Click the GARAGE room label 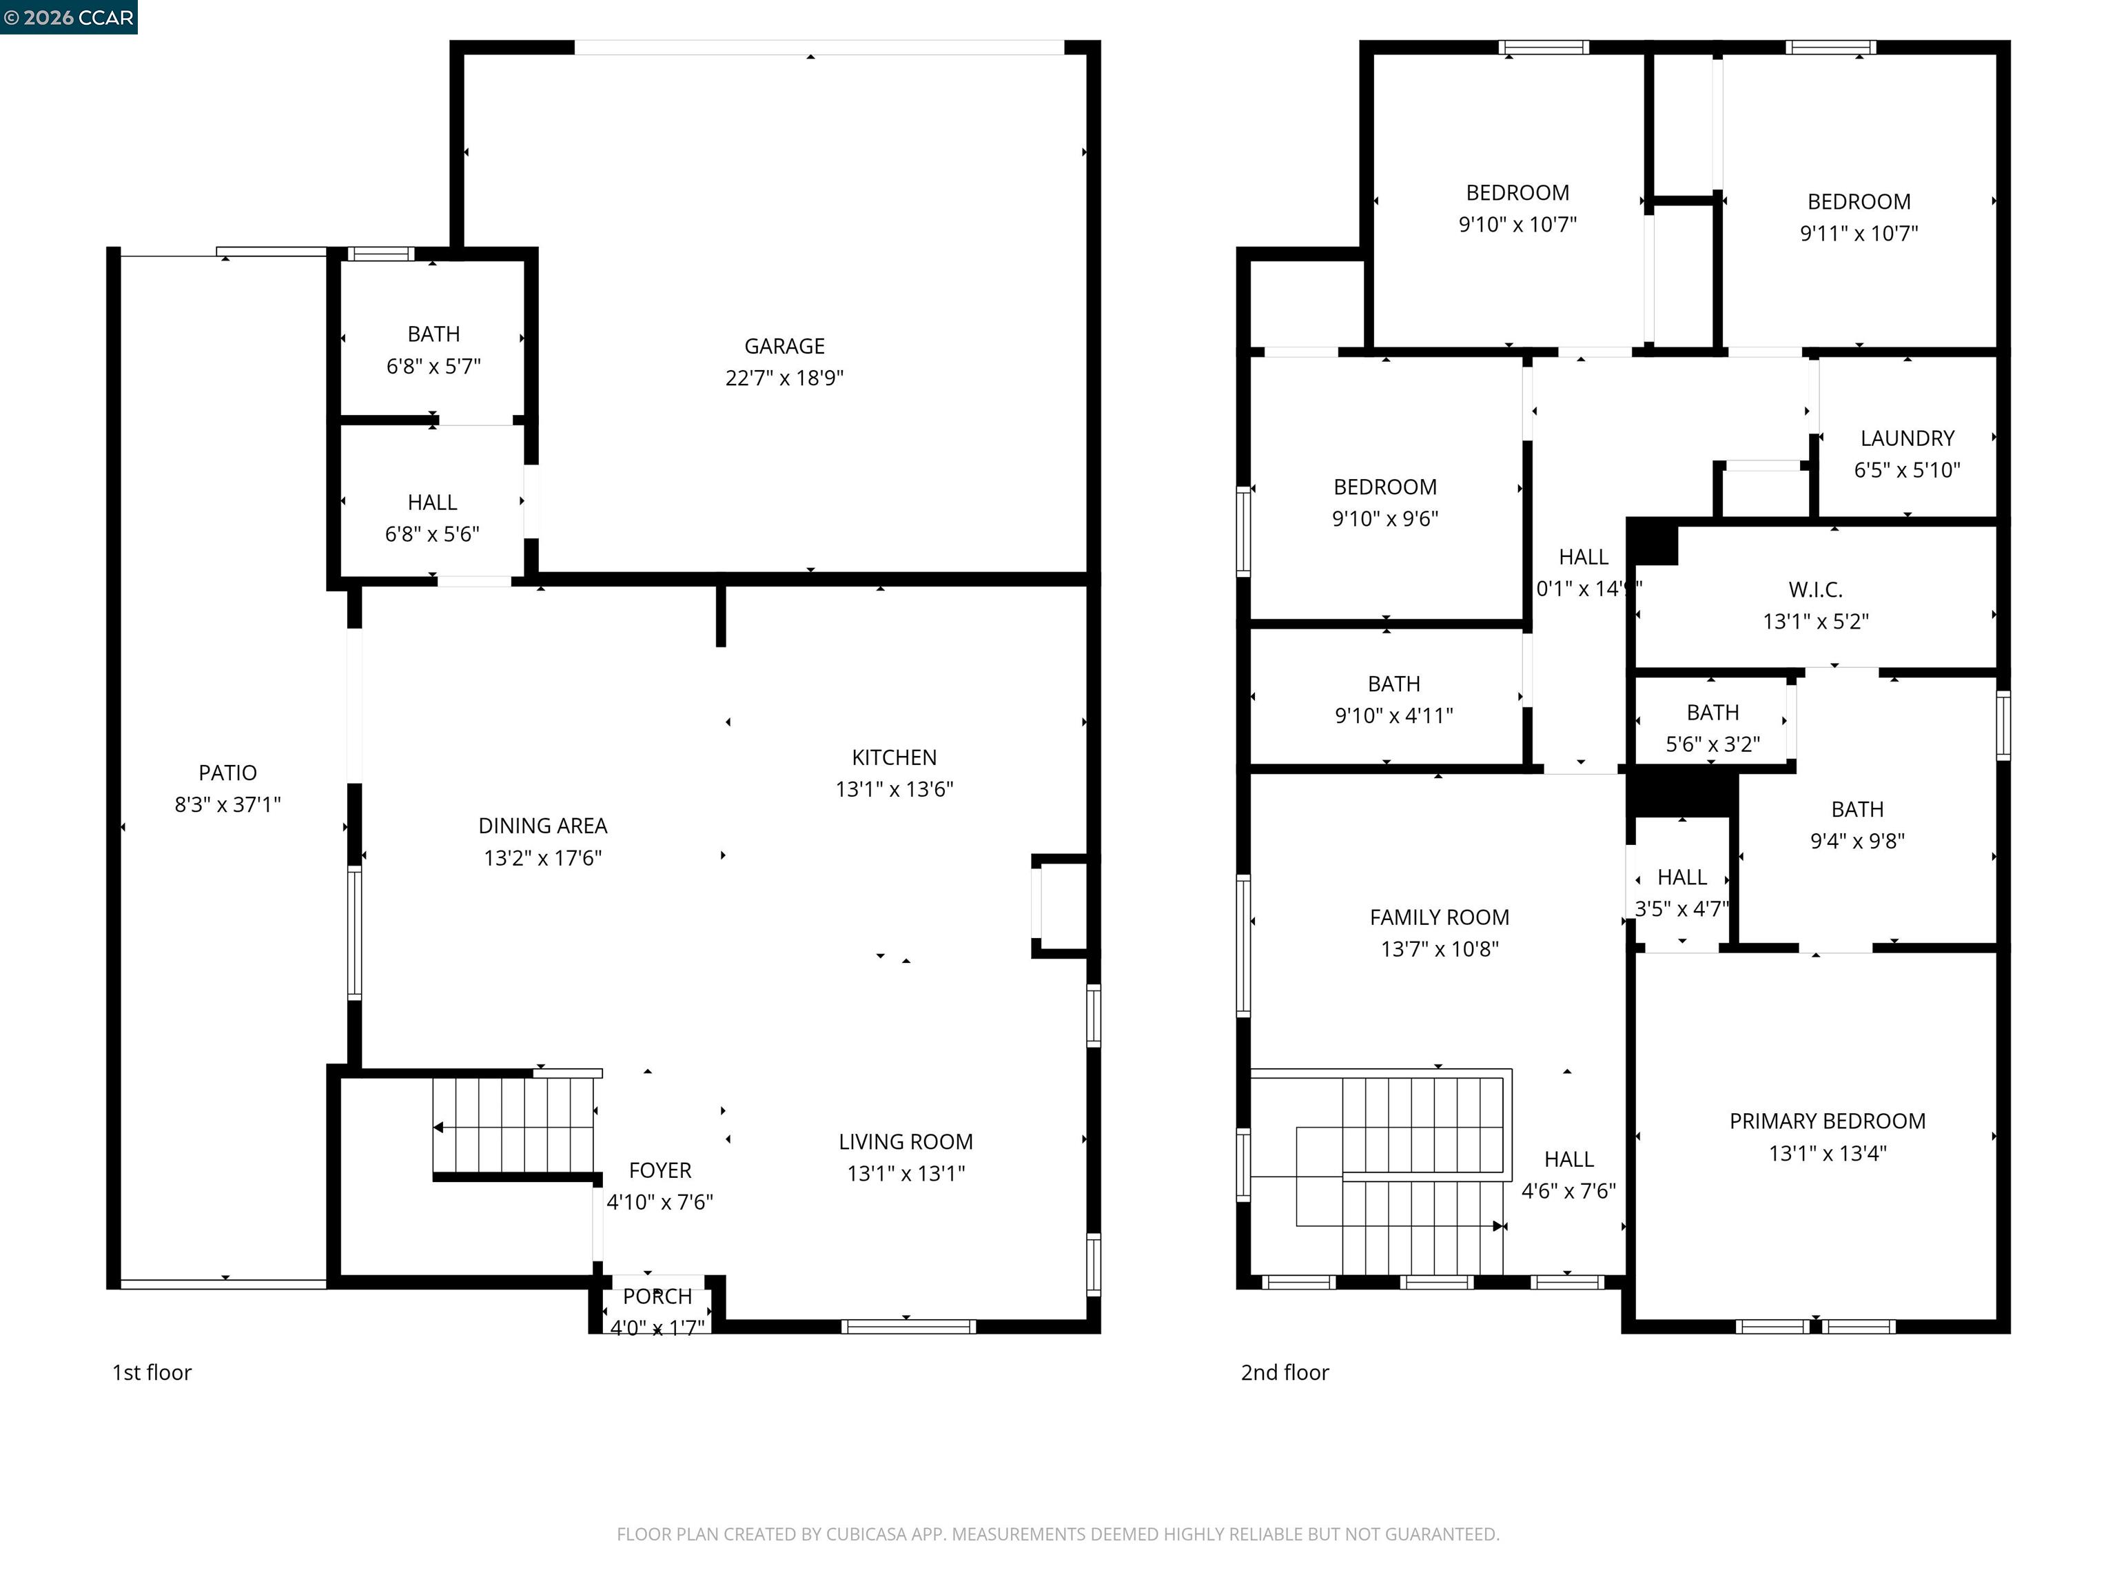coord(784,345)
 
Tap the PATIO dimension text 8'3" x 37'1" coord(228,804)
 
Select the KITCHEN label coord(894,757)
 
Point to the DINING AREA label coord(542,825)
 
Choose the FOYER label coord(659,1170)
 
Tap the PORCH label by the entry coord(657,1296)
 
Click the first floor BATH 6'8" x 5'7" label coord(433,334)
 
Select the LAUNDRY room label coord(1906,438)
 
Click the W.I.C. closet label coord(1814,589)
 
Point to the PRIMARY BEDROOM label coord(1827,1121)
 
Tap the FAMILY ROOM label coord(1438,917)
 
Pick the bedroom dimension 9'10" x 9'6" coord(1385,518)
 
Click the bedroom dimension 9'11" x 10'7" coord(1859,232)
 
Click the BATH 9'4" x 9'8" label coord(1857,809)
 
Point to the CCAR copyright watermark coord(68,17)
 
